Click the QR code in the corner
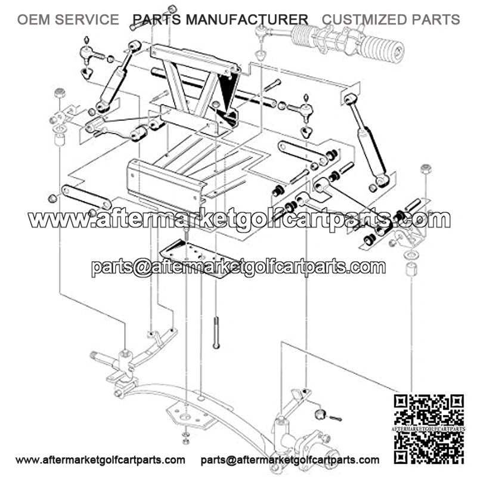pos(429,429)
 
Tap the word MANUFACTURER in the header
pos(247,20)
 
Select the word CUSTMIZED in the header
pos(364,20)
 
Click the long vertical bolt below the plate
pos(216,333)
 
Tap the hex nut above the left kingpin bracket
pos(60,93)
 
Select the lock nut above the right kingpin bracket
pos(426,169)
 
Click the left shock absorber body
pos(112,86)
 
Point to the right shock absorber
pos(367,141)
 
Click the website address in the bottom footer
pos(100,460)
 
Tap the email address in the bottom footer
pos(290,460)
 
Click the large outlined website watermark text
pos(240,219)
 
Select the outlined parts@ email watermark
pos(238,267)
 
